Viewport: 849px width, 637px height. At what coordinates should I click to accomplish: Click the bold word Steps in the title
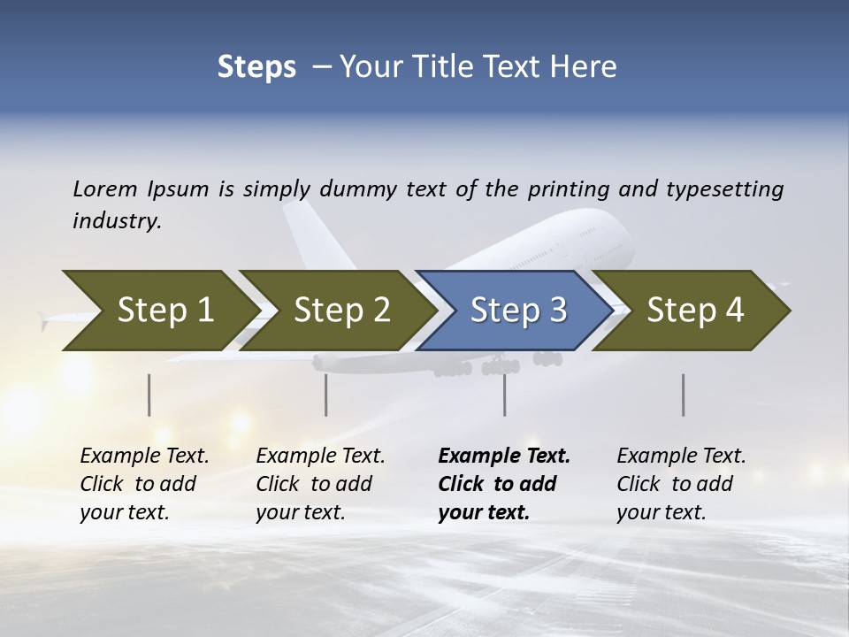[x=256, y=67]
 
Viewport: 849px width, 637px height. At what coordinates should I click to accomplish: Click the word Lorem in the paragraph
[x=105, y=188]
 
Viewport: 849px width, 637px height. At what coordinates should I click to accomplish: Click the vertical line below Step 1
[x=149, y=395]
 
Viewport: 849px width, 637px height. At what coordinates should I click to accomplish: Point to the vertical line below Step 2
[x=326, y=395]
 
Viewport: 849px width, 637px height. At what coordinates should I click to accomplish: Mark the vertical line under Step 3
[x=505, y=395]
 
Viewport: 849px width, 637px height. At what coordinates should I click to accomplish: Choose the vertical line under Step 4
[x=683, y=395]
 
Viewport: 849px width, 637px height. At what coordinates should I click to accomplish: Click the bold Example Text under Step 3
[x=504, y=457]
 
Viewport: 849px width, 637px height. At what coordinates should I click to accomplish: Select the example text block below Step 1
[x=144, y=484]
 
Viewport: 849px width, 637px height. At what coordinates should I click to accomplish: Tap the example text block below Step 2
[x=320, y=484]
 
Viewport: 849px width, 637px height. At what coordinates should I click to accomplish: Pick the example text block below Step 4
[x=681, y=484]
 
